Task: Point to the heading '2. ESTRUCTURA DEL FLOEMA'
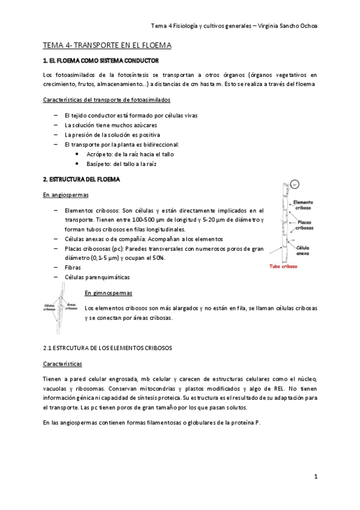(81, 179)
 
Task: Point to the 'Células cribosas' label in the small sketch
(50, 307)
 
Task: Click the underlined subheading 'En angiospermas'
(63, 195)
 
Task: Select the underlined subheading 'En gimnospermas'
(108, 293)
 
